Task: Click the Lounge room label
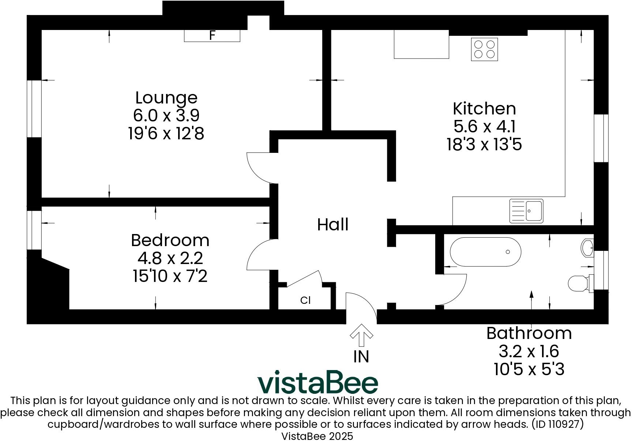166,98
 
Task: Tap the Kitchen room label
484,109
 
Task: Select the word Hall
332,225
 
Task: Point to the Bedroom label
170,240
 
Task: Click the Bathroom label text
529,333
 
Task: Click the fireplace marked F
212,35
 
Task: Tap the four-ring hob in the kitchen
484,49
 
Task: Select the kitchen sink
526,211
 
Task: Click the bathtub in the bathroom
485,252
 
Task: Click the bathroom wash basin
587,248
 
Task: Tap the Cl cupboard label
305,300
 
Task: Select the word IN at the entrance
361,357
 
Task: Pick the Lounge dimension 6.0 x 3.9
166,116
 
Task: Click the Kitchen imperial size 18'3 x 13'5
484,144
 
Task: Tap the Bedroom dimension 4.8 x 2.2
170,258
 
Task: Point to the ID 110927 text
557,425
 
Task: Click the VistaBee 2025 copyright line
317,436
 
